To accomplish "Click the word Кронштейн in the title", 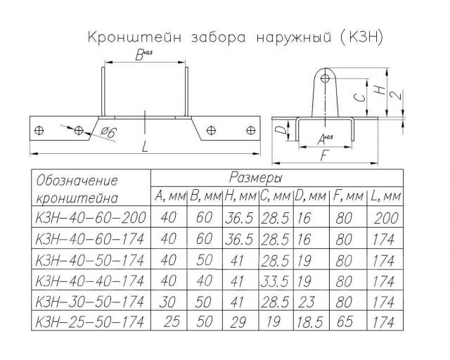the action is click(134, 37).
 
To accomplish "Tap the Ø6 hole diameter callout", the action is click(109, 133).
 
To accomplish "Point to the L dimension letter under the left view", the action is click(145, 147).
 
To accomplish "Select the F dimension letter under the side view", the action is click(324, 156).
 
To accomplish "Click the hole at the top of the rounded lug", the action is click(325, 78).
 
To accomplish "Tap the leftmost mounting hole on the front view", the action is click(39, 130).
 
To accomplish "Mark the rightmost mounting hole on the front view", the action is click(251, 130).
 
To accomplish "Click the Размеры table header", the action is click(256, 178).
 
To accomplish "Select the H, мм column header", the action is click(240, 196).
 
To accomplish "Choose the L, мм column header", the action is click(385, 196).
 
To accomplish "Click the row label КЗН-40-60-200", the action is click(91, 217).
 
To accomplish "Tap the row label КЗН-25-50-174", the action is click(89, 322).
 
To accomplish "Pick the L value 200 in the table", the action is click(386, 218).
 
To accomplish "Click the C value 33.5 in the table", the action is click(275, 281).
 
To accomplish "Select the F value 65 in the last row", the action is click(345, 321).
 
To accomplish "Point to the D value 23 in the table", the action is click(307, 302).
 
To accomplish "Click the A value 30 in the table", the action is click(167, 302).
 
